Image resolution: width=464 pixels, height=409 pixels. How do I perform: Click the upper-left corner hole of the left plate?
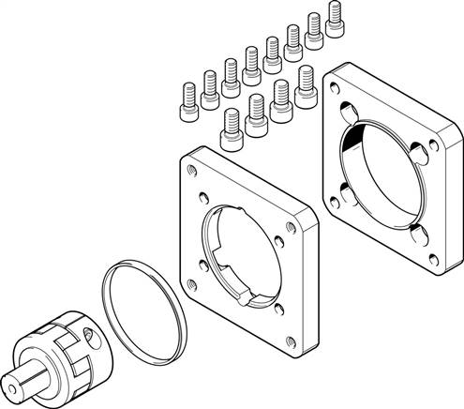(x=191, y=169)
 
